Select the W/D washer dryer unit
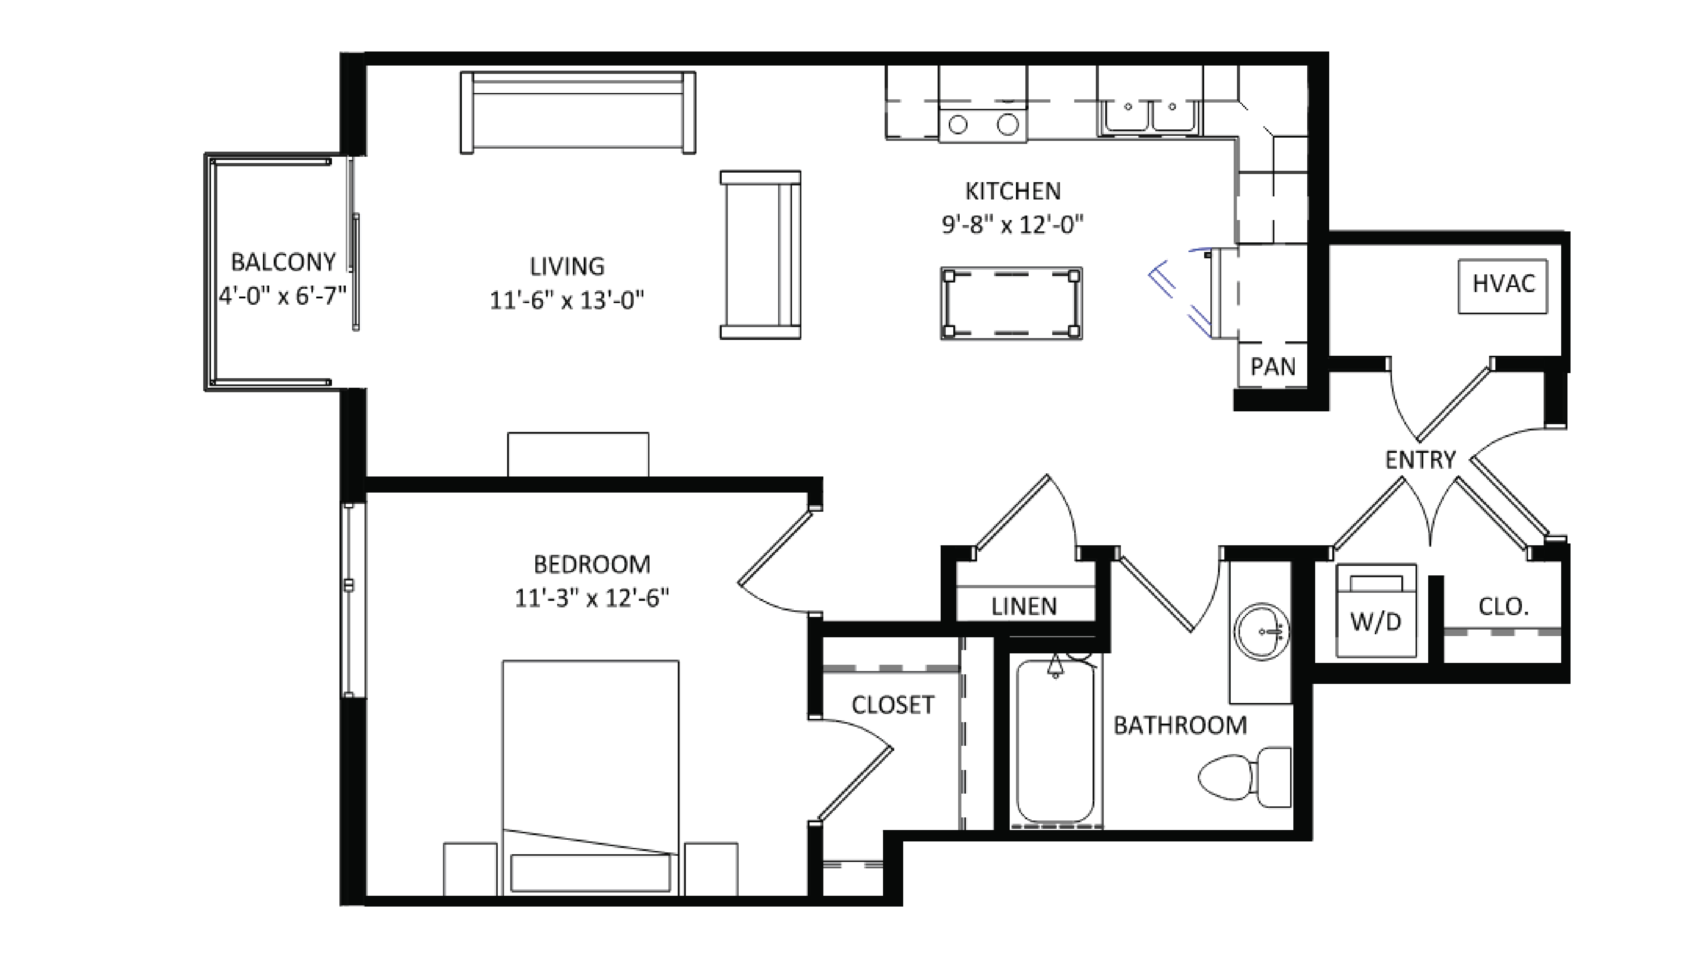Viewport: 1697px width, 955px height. (x=1375, y=611)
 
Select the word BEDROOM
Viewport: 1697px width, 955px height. (x=592, y=564)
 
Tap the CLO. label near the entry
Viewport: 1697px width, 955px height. (x=1503, y=607)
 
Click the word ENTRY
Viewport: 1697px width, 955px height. (x=1420, y=460)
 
